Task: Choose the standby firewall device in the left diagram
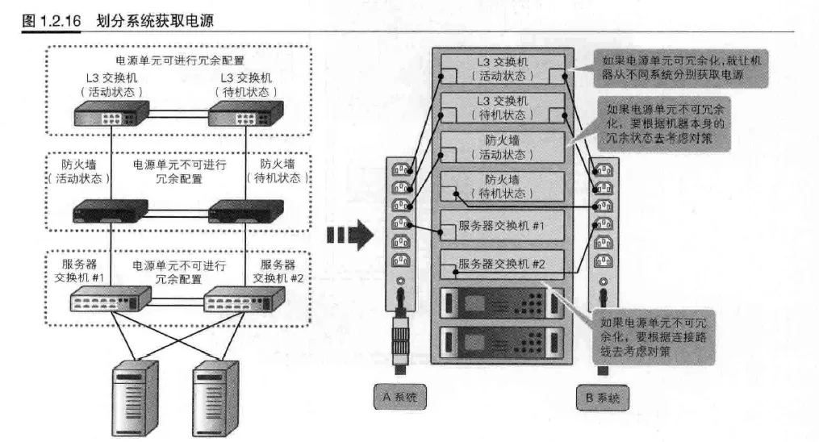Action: [x=242, y=213]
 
